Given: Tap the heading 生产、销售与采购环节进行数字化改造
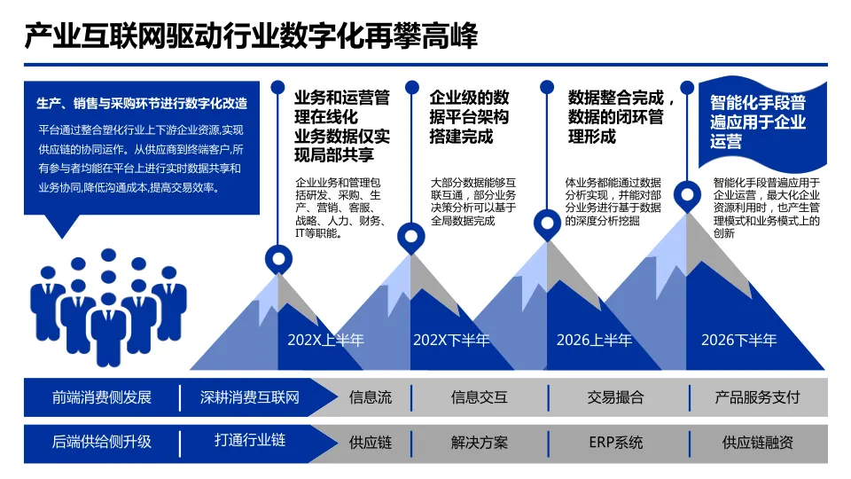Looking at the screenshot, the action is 142,104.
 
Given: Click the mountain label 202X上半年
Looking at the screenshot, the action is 325,340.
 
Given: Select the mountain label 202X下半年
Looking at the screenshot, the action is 451,340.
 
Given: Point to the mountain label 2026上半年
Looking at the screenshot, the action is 594,340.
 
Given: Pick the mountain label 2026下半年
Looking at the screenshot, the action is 738,340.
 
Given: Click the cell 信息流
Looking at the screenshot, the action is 370,397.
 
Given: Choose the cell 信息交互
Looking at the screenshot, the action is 480,397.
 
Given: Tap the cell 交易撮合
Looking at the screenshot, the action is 615,397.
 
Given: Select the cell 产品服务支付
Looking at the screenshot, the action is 757,397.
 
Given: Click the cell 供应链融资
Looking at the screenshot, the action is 757,442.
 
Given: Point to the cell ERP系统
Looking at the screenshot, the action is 615,442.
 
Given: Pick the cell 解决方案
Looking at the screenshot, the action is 480,442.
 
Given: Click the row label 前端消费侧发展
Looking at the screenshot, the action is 102,397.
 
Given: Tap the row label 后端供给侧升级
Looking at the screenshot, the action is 102,442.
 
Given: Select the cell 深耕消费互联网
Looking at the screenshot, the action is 250,397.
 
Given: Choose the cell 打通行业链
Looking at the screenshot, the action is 250,440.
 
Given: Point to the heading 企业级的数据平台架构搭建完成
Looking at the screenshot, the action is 469,116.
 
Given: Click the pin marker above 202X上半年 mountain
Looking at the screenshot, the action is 279,259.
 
